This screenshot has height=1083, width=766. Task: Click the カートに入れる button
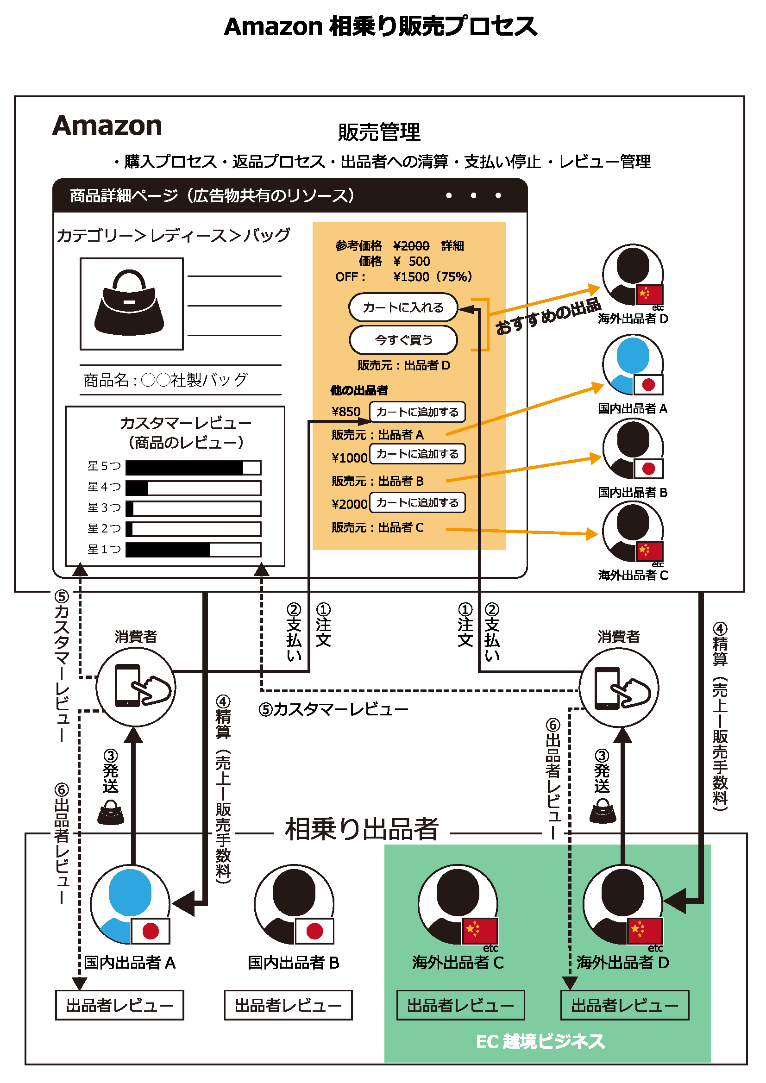403,307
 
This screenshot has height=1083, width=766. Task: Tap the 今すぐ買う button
403,339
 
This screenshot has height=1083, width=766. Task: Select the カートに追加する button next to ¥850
417,412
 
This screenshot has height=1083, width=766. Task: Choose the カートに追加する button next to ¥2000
417,502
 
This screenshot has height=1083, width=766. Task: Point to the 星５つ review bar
194,468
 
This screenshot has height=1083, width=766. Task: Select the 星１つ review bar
194,550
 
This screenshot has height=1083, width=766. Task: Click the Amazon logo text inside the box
107,126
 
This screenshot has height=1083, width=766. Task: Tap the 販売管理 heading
379,132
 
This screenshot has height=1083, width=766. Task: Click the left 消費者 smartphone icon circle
136,686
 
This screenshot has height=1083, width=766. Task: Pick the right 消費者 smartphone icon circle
619,686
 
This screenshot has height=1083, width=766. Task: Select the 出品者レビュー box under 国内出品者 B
288,1005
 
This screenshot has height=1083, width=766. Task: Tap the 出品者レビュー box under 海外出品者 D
624,1005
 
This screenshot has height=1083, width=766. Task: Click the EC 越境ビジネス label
540,1041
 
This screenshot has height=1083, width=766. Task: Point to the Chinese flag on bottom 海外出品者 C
480,930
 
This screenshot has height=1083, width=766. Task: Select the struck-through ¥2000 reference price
411,246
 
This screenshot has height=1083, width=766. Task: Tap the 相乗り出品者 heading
362,829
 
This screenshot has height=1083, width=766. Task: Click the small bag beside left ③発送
110,812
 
